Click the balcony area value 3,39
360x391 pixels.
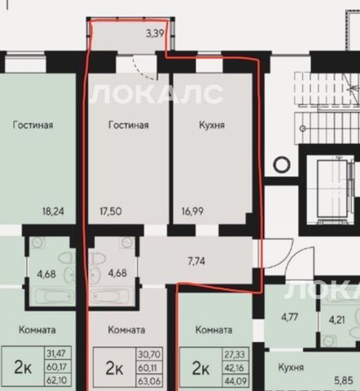click(155, 33)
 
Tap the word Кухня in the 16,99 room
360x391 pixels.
click(212, 125)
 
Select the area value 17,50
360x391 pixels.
click(111, 211)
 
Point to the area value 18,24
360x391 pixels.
click(53, 211)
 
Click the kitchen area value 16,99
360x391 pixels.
click(192, 211)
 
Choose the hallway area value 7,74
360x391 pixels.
click(196, 261)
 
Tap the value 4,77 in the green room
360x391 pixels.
click(290, 317)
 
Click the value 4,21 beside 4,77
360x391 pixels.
click(337, 320)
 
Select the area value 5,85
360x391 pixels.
click(344, 380)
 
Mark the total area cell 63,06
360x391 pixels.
click(149, 380)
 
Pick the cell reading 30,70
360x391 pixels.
click(149, 354)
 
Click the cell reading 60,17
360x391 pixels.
click(58, 367)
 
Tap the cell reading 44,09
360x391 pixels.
click(235, 380)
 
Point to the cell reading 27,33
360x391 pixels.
click(235, 354)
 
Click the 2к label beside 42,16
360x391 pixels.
click(200, 368)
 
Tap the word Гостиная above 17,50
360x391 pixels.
click(129, 125)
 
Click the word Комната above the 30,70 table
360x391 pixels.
click(126, 330)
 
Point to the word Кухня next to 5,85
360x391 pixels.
click(291, 367)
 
